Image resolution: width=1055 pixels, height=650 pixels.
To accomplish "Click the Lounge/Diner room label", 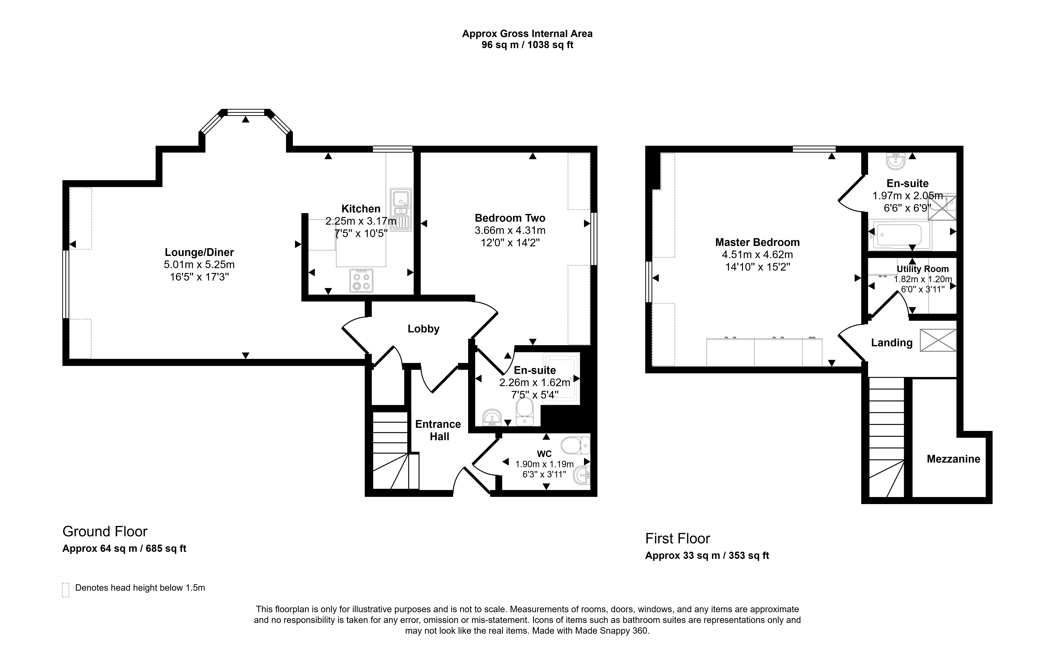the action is coord(200,252).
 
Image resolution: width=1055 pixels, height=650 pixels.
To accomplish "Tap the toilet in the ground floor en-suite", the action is coord(524,411).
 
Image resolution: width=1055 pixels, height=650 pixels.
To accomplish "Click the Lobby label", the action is coord(423,329).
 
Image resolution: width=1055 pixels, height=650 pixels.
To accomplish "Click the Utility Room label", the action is coord(923,269).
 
